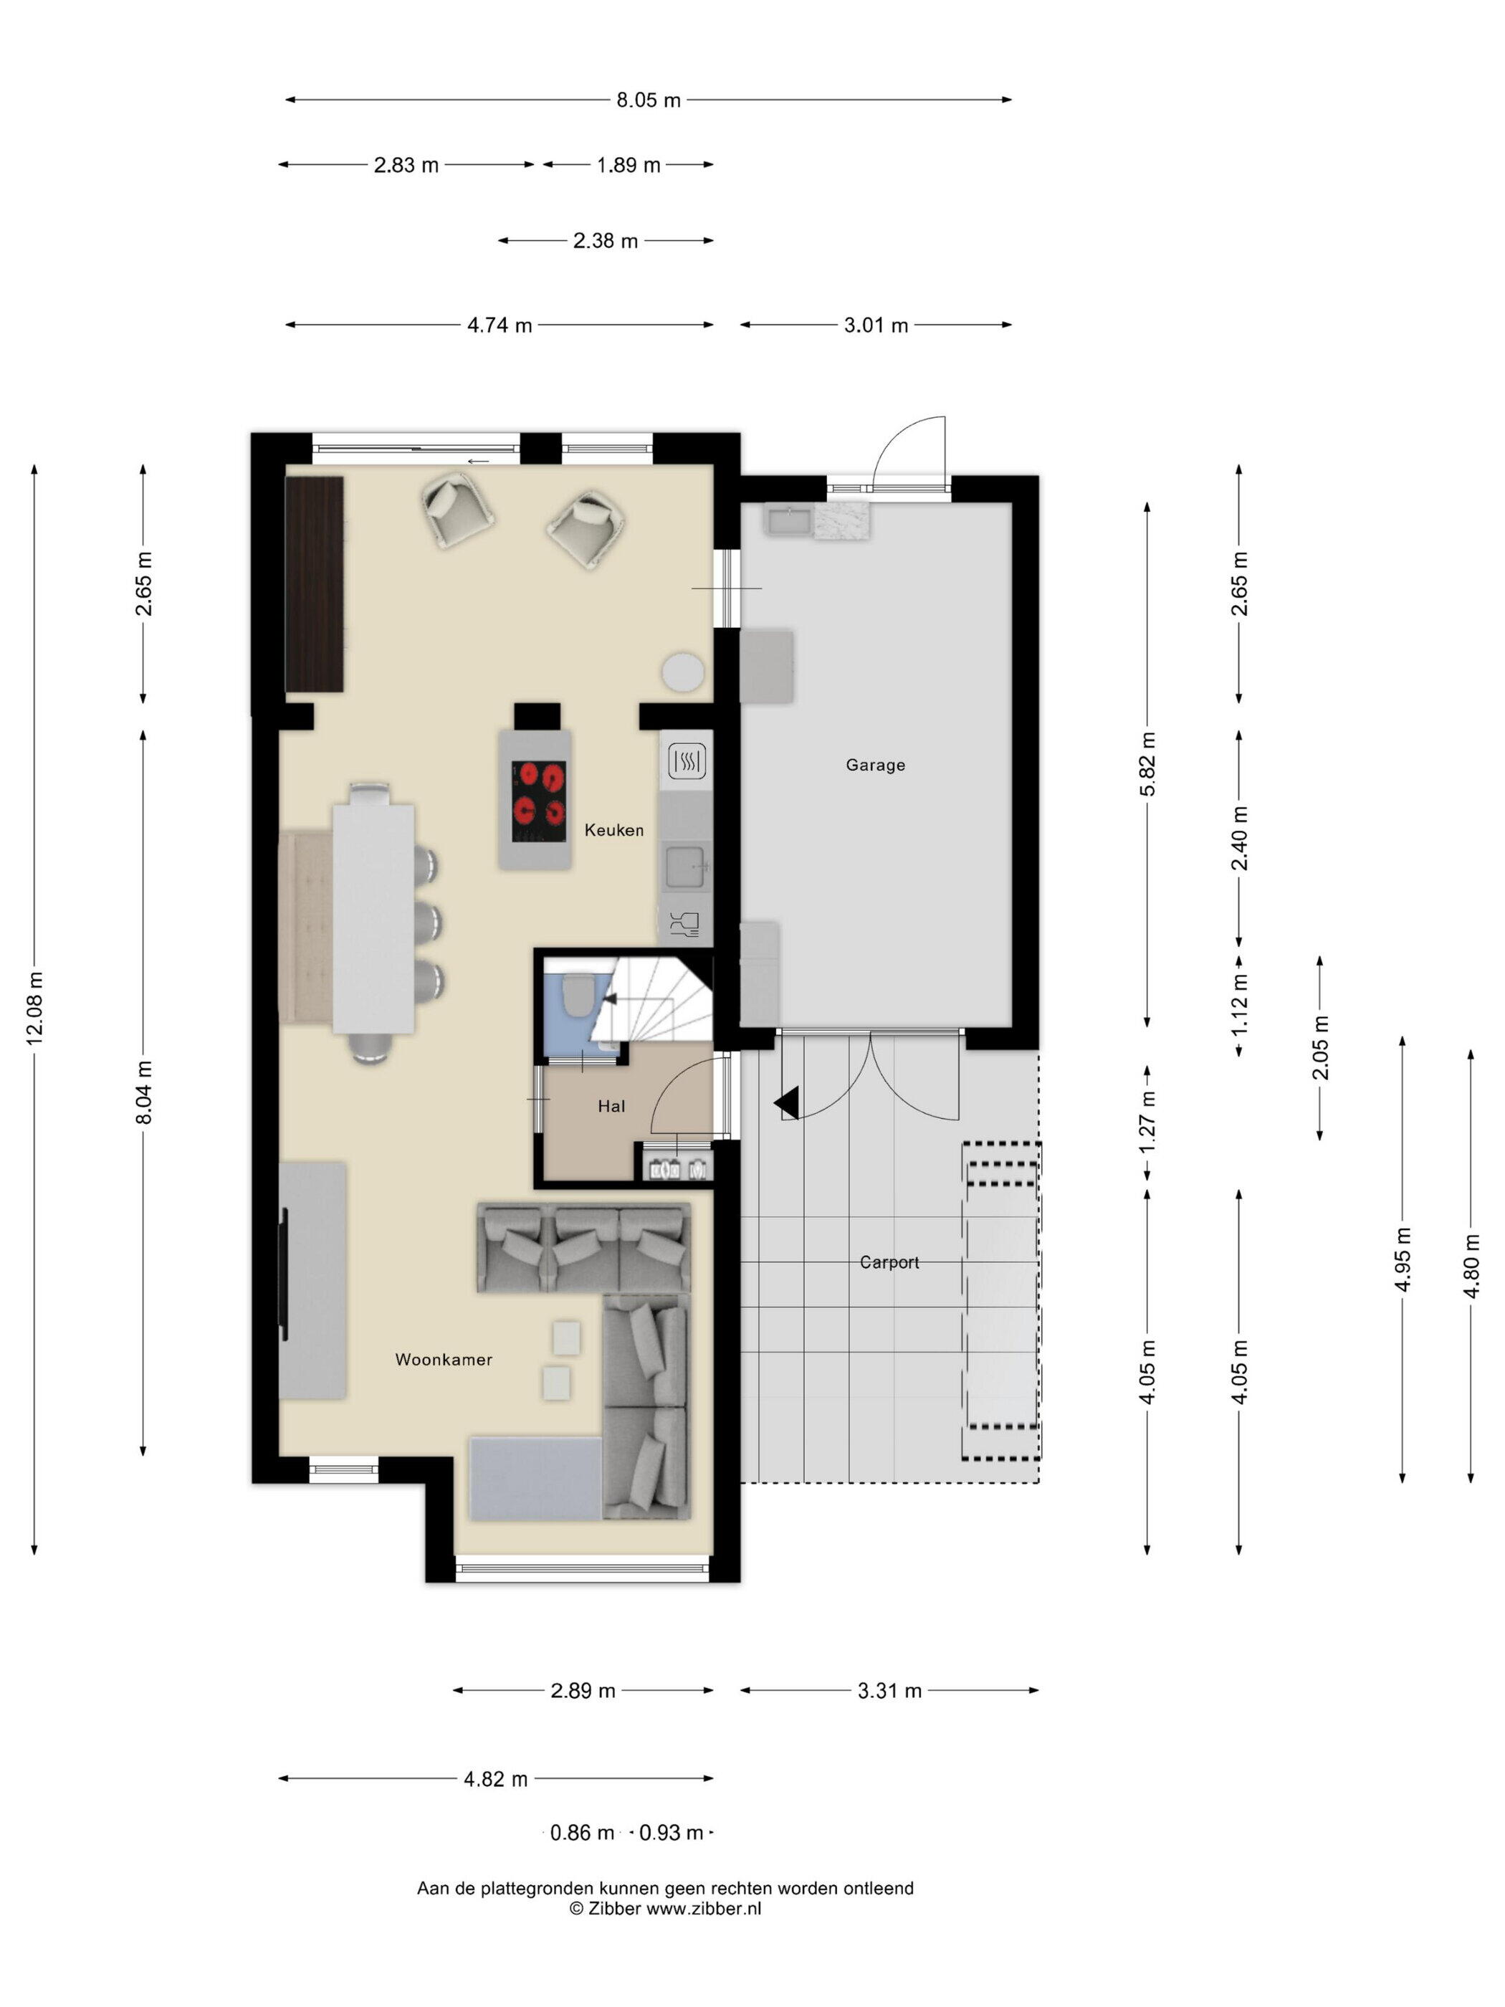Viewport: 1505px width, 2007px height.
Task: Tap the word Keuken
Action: (x=614, y=830)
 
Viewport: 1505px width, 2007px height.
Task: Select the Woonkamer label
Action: (x=444, y=1359)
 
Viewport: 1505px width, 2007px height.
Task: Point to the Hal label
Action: (x=611, y=1106)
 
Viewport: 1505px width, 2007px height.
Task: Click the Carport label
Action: (x=889, y=1262)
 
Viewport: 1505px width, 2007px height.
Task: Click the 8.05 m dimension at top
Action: (x=649, y=100)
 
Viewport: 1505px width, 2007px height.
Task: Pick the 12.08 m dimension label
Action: (x=34, y=1008)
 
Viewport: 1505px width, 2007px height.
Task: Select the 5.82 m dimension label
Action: (x=1147, y=763)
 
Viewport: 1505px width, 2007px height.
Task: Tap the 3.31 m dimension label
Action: (x=889, y=1690)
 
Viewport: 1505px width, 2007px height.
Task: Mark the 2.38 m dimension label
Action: (x=605, y=240)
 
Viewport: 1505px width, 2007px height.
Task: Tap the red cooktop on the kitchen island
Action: (x=538, y=801)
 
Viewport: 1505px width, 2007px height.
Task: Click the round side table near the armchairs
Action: (x=683, y=672)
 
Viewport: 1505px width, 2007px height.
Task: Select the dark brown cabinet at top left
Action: (x=315, y=584)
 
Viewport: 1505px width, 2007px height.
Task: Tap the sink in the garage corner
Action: (x=788, y=522)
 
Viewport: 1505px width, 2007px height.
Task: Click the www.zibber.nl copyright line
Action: (x=665, y=1908)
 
